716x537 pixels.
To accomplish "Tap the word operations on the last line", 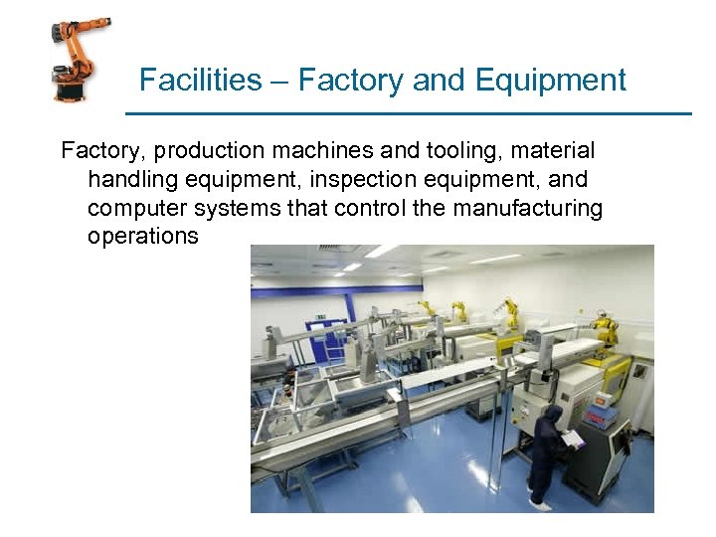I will click(x=143, y=238).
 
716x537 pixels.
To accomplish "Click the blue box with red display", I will click(x=603, y=415).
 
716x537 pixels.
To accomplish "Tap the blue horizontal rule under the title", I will click(x=408, y=113).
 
